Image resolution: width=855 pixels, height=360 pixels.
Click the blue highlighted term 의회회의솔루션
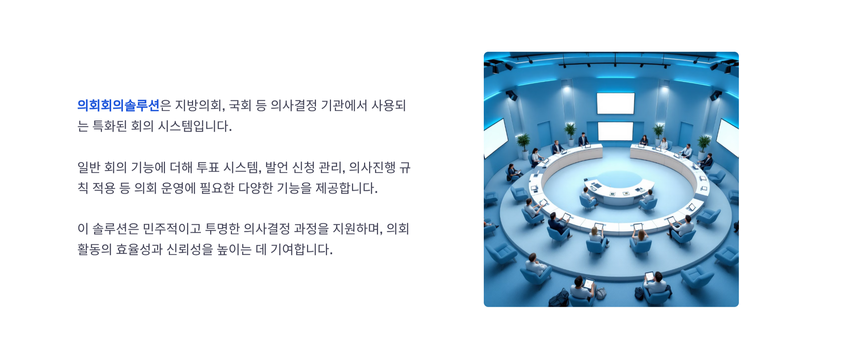118,106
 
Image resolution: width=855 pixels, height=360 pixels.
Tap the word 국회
240,106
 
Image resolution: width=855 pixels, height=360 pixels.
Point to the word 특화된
109,126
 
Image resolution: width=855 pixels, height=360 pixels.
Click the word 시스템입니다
195,126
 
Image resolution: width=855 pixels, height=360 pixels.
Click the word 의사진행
372,167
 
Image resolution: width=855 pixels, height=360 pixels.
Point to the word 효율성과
139,250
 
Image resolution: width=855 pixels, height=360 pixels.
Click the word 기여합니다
301,250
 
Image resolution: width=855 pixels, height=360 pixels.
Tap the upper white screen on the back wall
615,103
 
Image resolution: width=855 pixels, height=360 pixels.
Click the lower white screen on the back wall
615,131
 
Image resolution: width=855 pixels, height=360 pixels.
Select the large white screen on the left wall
495,138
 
